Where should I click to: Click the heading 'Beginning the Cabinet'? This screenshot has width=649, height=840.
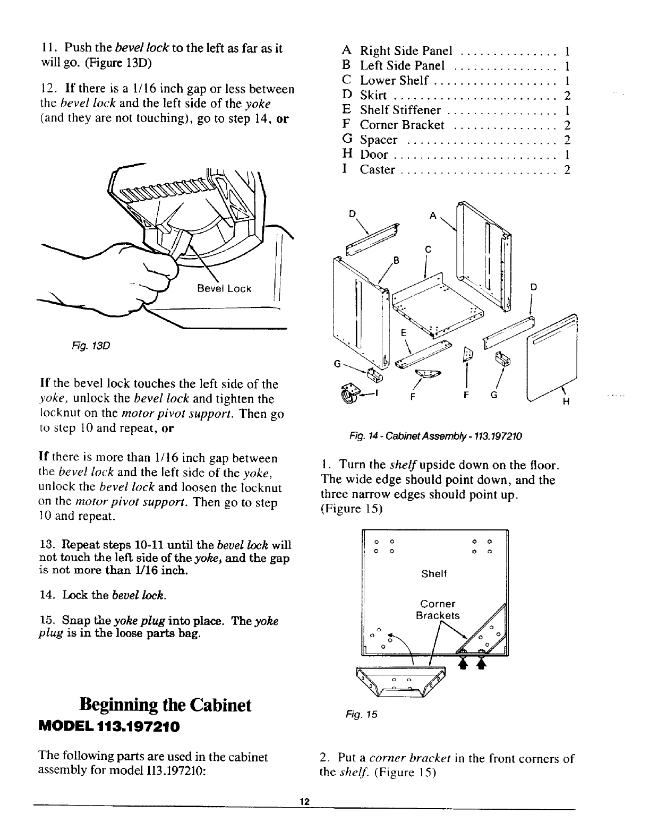click(x=165, y=705)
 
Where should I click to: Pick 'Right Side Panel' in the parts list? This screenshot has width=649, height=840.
click(x=406, y=51)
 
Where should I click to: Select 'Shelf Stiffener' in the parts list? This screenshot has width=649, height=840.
click(x=400, y=110)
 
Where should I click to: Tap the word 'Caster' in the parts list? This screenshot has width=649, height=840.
click(x=378, y=170)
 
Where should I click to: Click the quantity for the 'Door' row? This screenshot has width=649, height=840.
click(x=567, y=155)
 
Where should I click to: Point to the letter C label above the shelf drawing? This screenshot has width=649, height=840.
click(x=428, y=249)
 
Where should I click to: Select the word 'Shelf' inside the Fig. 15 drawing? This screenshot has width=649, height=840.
click(x=434, y=574)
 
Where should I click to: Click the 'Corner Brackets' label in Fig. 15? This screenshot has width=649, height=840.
click(x=438, y=610)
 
